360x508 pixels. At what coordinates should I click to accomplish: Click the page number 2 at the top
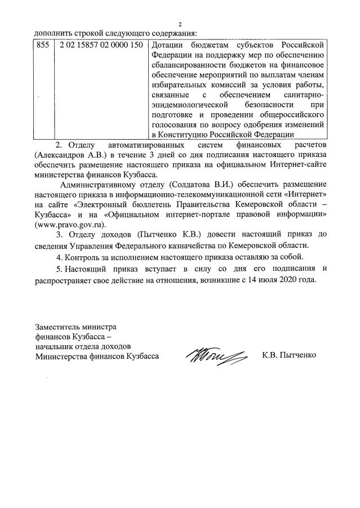pos(180,24)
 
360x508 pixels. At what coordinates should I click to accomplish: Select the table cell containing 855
pos(42,44)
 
